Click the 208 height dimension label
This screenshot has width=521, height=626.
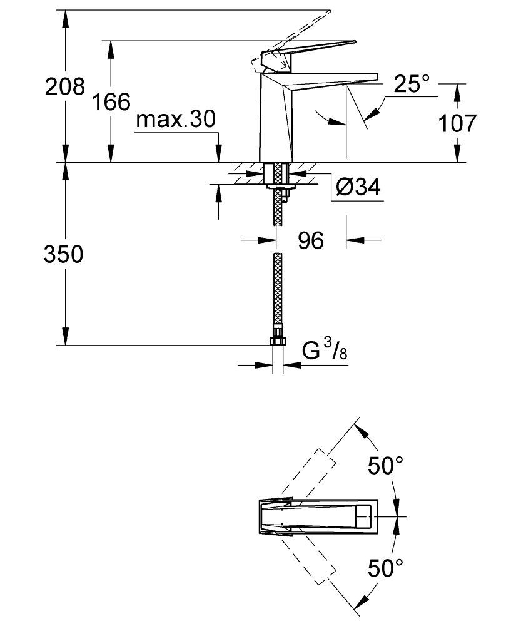[64, 86]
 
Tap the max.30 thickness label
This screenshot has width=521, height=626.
[176, 120]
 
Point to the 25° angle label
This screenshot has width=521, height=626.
[412, 84]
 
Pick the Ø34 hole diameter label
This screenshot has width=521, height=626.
[358, 187]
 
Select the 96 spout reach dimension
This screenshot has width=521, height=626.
[310, 240]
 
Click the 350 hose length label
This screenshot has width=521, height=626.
[64, 255]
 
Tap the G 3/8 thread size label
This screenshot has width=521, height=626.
[325, 352]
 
